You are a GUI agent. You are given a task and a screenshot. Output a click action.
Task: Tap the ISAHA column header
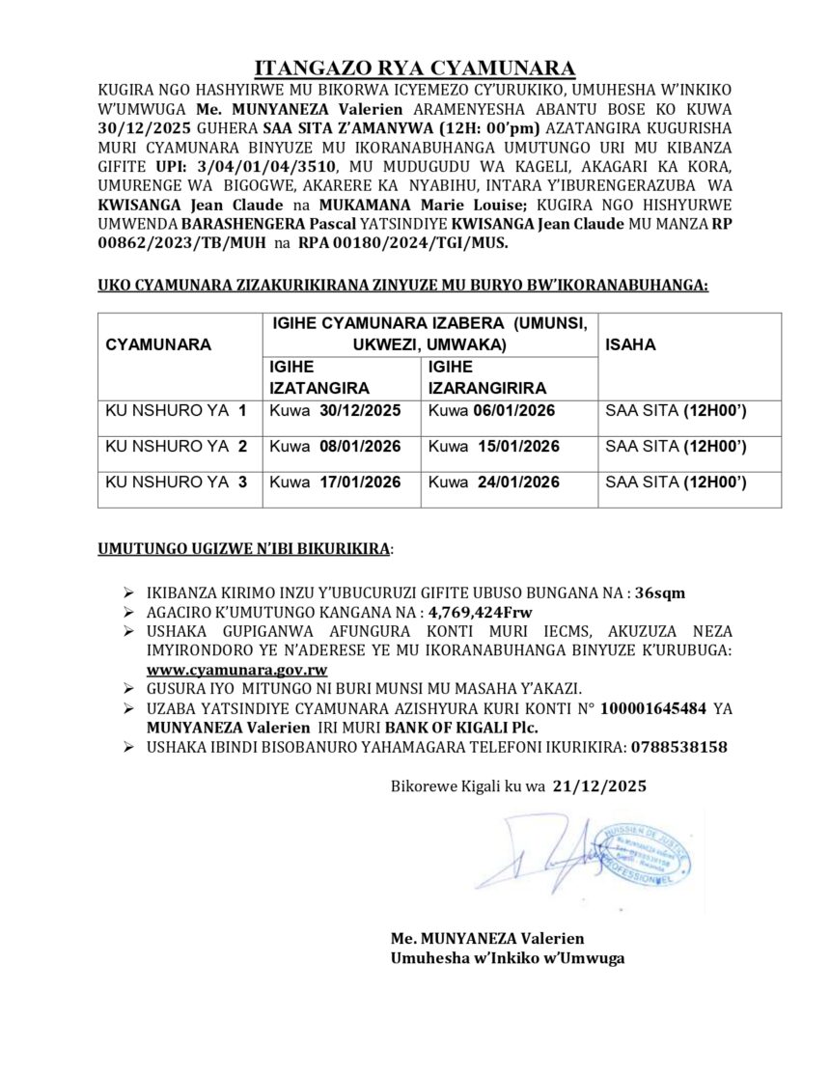click(x=628, y=344)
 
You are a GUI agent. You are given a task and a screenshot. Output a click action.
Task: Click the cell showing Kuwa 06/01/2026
click(x=493, y=411)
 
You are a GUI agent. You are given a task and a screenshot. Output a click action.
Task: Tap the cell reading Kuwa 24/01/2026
click(x=493, y=482)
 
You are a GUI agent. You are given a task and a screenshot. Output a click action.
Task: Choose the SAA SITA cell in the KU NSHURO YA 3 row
click(x=676, y=482)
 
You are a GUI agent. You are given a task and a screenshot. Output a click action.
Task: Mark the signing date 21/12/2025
click(x=600, y=786)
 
